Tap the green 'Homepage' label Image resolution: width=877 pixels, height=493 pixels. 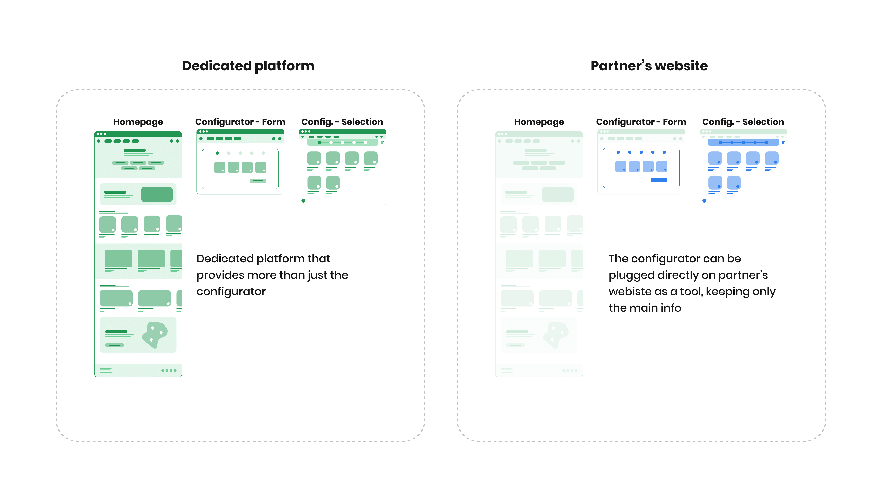tap(138, 122)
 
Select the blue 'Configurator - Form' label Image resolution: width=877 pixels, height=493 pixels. tap(641, 122)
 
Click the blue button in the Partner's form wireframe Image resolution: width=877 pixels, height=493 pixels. tap(659, 180)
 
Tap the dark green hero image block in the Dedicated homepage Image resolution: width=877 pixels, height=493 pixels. tap(157, 194)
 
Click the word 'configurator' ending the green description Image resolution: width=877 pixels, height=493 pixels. tap(231, 292)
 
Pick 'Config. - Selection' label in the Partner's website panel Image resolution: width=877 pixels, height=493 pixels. tap(743, 122)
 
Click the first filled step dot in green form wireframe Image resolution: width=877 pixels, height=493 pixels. tap(217, 153)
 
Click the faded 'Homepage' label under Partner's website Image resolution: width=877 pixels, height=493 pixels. tap(539, 122)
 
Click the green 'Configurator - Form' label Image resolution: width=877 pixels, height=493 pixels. tap(240, 122)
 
